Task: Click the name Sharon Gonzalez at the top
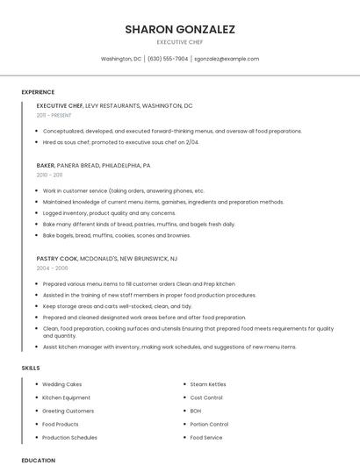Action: pyautogui.click(x=180, y=29)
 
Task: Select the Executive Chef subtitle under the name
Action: pyautogui.click(x=180, y=42)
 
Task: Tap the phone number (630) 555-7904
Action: pyautogui.click(x=168, y=59)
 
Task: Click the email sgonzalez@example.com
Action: pyautogui.click(x=227, y=59)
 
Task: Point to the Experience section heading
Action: pyautogui.click(x=38, y=92)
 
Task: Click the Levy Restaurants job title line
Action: pyautogui.click(x=114, y=105)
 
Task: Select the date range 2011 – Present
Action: pyautogui.click(x=54, y=115)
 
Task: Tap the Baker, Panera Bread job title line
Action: pyautogui.click(x=93, y=165)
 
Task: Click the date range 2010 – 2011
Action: pyautogui.click(x=49, y=175)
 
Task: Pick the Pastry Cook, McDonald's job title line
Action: pyautogui.click(x=106, y=259)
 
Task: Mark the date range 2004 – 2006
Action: pyautogui.click(x=52, y=268)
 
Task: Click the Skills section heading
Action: pyautogui.click(x=31, y=368)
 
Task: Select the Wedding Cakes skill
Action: pyautogui.click(x=61, y=384)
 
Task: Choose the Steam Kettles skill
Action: pyautogui.click(x=208, y=384)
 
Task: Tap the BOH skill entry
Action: pyautogui.click(x=196, y=411)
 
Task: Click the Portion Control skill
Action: pyautogui.click(x=209, y=424)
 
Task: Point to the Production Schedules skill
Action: pyautogui.click(x=69, y=437)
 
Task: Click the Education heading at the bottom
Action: pyautogui.click(x=38, y=460)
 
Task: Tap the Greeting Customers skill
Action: pyautogui.click(x=68, y=411)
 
